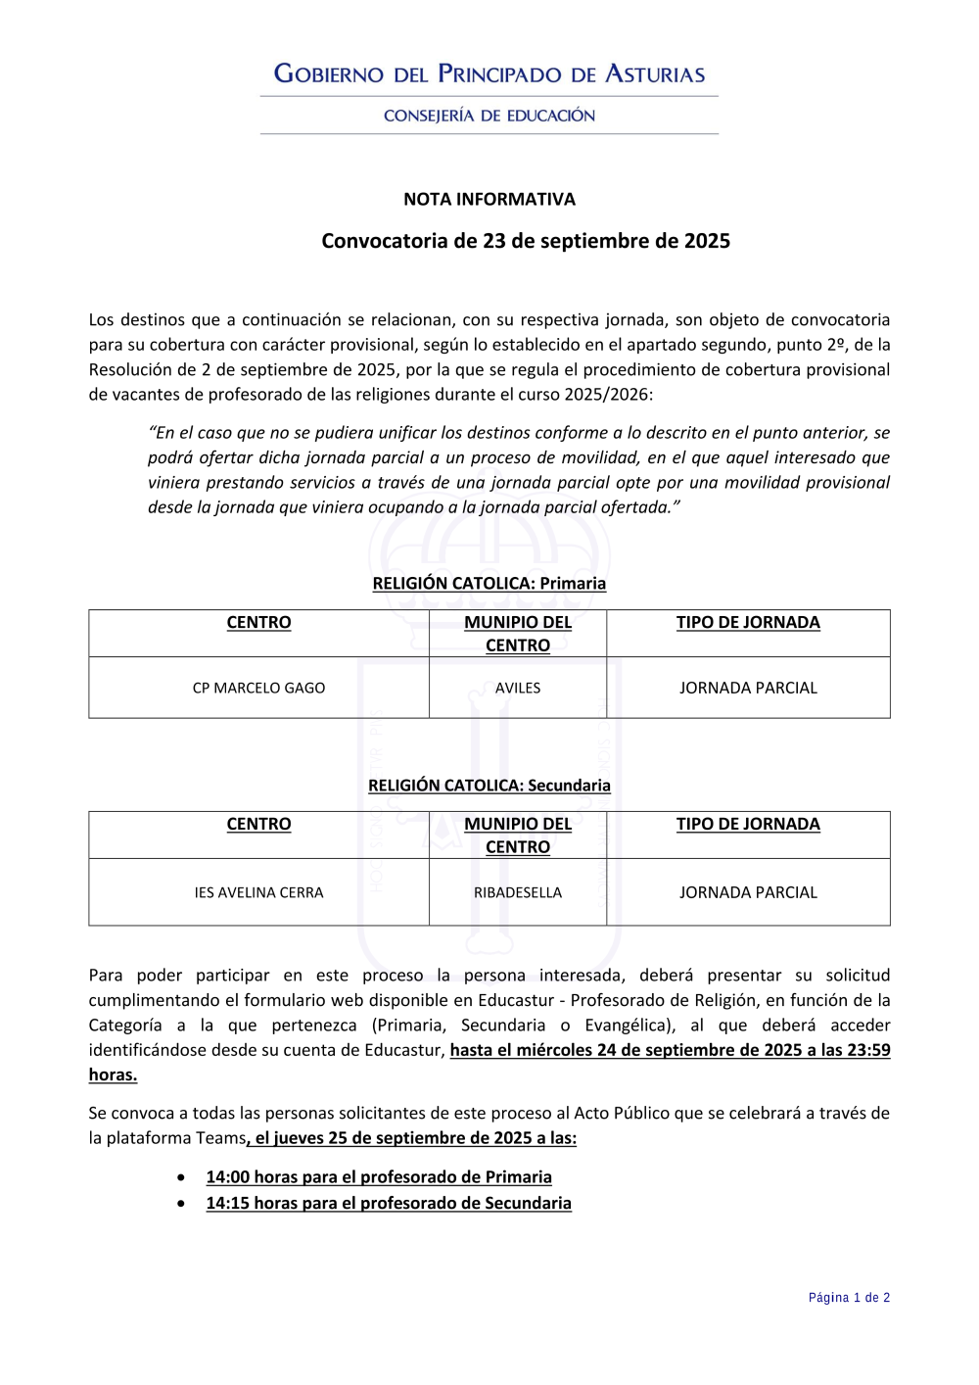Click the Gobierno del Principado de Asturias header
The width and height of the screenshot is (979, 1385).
point(489,73)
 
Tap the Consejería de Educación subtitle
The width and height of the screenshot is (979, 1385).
point(489,116)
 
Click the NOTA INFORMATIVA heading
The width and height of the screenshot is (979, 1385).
point(489,199)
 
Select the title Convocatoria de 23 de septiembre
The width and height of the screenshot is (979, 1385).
point(526,241)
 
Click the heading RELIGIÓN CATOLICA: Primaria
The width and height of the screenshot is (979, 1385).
point(489,583)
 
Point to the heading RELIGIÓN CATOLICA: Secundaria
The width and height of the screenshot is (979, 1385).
point(489,785)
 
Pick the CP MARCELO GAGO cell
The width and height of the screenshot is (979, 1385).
point(258,688)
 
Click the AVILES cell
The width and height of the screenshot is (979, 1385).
point(518,688)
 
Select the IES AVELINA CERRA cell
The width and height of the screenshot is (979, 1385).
point(258,892)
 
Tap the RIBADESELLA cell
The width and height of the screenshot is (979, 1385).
point(518,892)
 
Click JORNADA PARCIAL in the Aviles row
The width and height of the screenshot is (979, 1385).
point(748,688)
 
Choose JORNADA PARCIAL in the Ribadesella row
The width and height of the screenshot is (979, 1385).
point(748,892)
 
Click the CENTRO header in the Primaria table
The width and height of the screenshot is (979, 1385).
point(258,622)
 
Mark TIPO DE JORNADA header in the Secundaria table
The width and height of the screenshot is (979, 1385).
point(748,824)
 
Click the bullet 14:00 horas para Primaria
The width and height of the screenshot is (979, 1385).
point(379,1176)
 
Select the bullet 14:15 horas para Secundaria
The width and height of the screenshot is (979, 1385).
point(389,1203)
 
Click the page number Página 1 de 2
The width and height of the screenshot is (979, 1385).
point(849,1298)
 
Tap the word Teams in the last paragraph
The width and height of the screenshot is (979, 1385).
point(221,1138)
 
